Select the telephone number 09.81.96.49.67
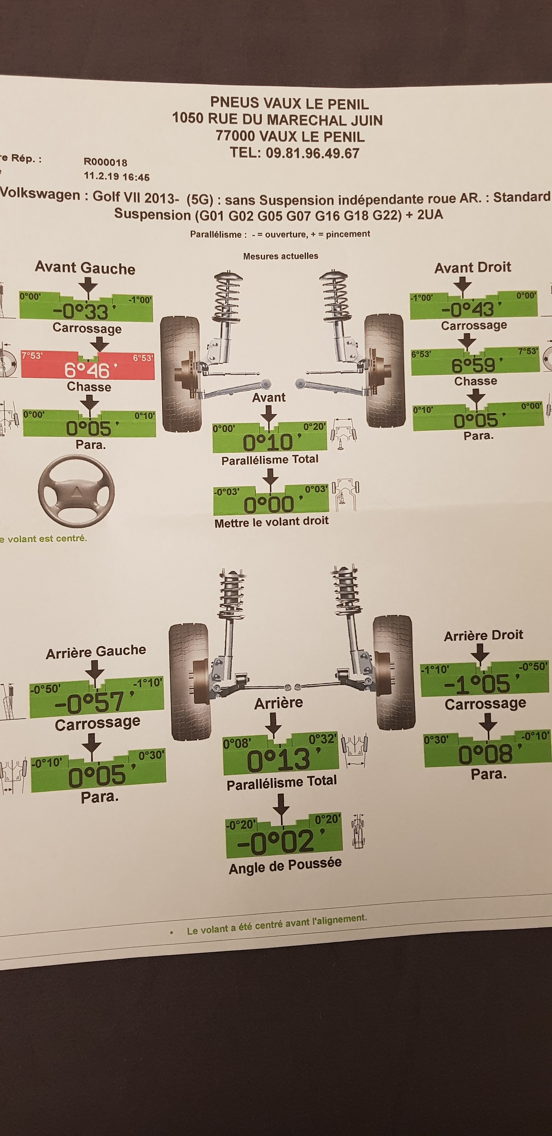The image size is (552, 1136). click(x=312, y=153)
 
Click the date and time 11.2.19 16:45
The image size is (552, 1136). click(x=116, y=176)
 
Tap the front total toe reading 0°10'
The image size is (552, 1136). click(x=268, y=442)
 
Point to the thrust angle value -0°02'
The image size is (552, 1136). click(x=276, y=841)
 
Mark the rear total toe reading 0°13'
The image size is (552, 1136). click(x=279, y=760)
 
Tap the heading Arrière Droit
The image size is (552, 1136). click(x=483, y=635)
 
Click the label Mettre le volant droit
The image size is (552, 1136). click(x=271, y=522)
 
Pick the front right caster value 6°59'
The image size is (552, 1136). click(x=473, y=365)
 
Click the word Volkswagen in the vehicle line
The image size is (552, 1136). click(x=41, y=194)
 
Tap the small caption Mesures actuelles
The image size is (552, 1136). click(x=281, y=256)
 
